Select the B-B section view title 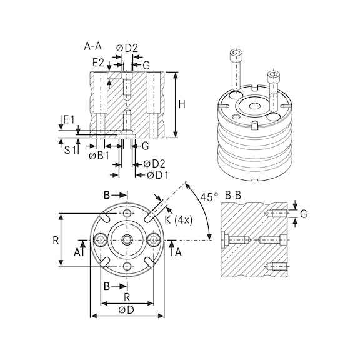[233, 195]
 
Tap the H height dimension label [182, 105]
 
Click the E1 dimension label [68, 119]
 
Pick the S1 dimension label [70, 149]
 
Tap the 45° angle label [210, 196]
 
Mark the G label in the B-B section [303, 214]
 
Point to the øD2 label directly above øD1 [154, 164]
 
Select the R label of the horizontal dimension [126, 296]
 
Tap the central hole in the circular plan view [127, 240]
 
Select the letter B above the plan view [106, 196]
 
